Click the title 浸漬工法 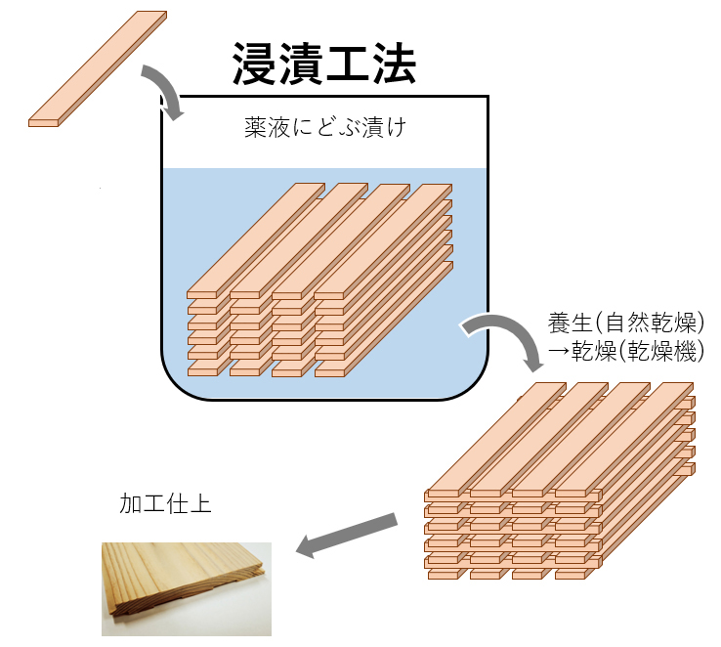click(x=324, y=64)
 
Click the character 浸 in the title click(x=255, y=64)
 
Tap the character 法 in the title click(x=394, y=64)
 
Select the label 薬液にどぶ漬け click(x=325, y=127)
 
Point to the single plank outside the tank click(x=98, y=69)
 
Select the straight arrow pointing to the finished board click(x=346, y=535)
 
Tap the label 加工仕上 click(x=165, y=503)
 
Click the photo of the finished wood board click(x=187, y=589)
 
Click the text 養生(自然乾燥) click(x=626, y=323)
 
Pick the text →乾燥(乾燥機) click(x=626, y=352)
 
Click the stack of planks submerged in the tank click(x=319, y=280)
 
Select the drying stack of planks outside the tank click(x=559, y=481)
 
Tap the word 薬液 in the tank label click(x=267, y=127)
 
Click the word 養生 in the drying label click(x=570, y=323)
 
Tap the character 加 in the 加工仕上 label click(x=130, y=503)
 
